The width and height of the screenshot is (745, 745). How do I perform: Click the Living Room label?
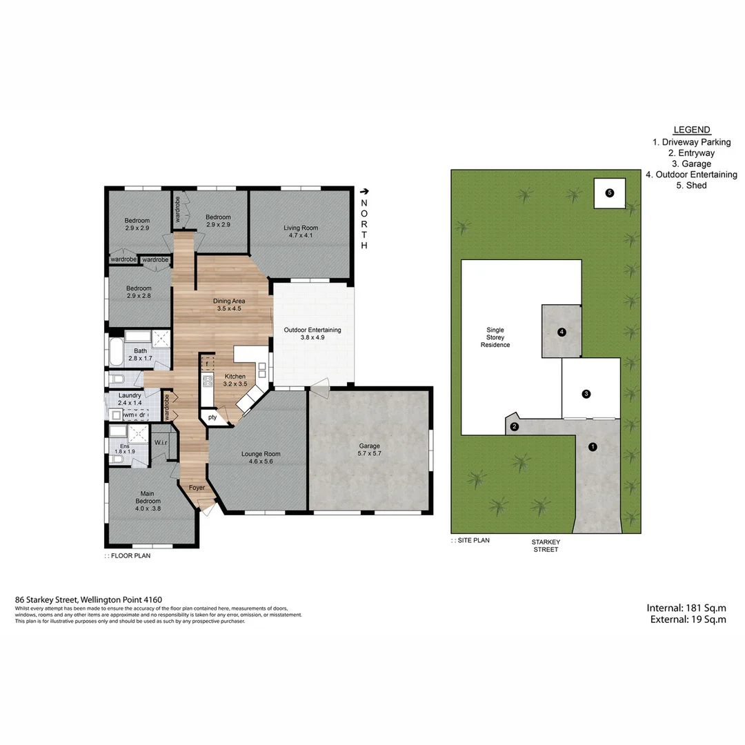click(300, 231)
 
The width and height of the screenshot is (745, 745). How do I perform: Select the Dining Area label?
click(228, 305)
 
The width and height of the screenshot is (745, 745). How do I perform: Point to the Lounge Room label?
click(261, 458)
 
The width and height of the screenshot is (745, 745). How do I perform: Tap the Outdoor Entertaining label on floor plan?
click(312, 334)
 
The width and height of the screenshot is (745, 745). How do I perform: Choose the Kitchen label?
click(235, 380)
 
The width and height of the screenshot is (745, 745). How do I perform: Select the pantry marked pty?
click(212, 417)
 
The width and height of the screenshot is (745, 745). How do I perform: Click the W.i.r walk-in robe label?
click(162, 442)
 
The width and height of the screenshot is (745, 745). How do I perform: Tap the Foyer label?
click(197, 488)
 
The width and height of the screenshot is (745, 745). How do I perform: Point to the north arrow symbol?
click(364, 192)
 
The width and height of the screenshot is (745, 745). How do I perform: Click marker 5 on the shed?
click(609, 193)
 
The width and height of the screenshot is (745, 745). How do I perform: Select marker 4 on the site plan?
click(562, 332)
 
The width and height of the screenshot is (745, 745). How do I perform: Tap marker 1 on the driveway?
click(592, 447)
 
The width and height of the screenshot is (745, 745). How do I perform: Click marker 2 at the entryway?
click(514, 426)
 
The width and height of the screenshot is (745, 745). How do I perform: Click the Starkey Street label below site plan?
click(544, 545)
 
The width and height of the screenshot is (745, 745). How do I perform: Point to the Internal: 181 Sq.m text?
click(686, 608)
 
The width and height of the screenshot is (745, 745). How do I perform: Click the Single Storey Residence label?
click(495, 337)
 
